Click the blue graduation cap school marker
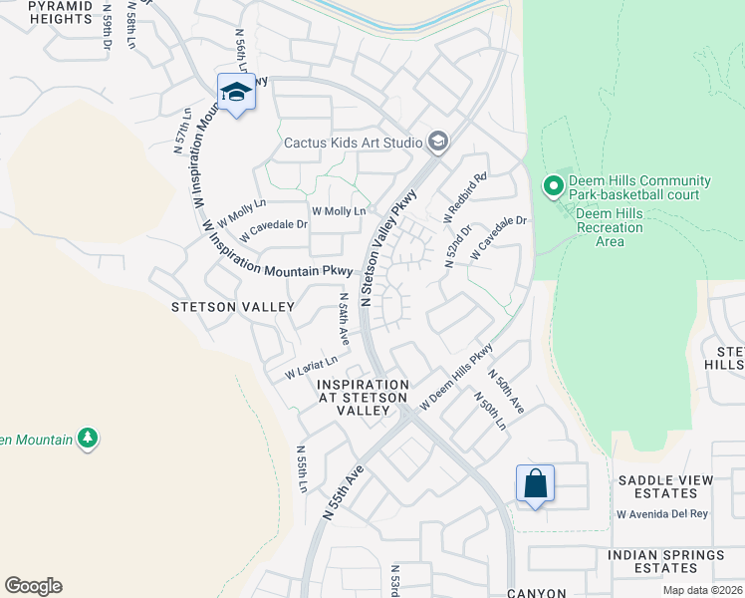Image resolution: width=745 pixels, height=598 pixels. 236,93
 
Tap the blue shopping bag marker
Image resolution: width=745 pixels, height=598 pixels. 535,483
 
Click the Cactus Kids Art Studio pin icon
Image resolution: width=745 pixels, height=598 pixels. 437,143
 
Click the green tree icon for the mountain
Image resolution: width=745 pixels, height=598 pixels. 88,438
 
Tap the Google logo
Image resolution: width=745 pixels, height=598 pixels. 33,586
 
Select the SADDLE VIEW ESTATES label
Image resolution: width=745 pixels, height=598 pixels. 665,486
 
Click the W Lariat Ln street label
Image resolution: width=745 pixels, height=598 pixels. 317,365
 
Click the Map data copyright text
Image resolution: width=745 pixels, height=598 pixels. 701,590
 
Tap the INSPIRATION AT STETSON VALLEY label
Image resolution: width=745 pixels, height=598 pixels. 363,398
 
